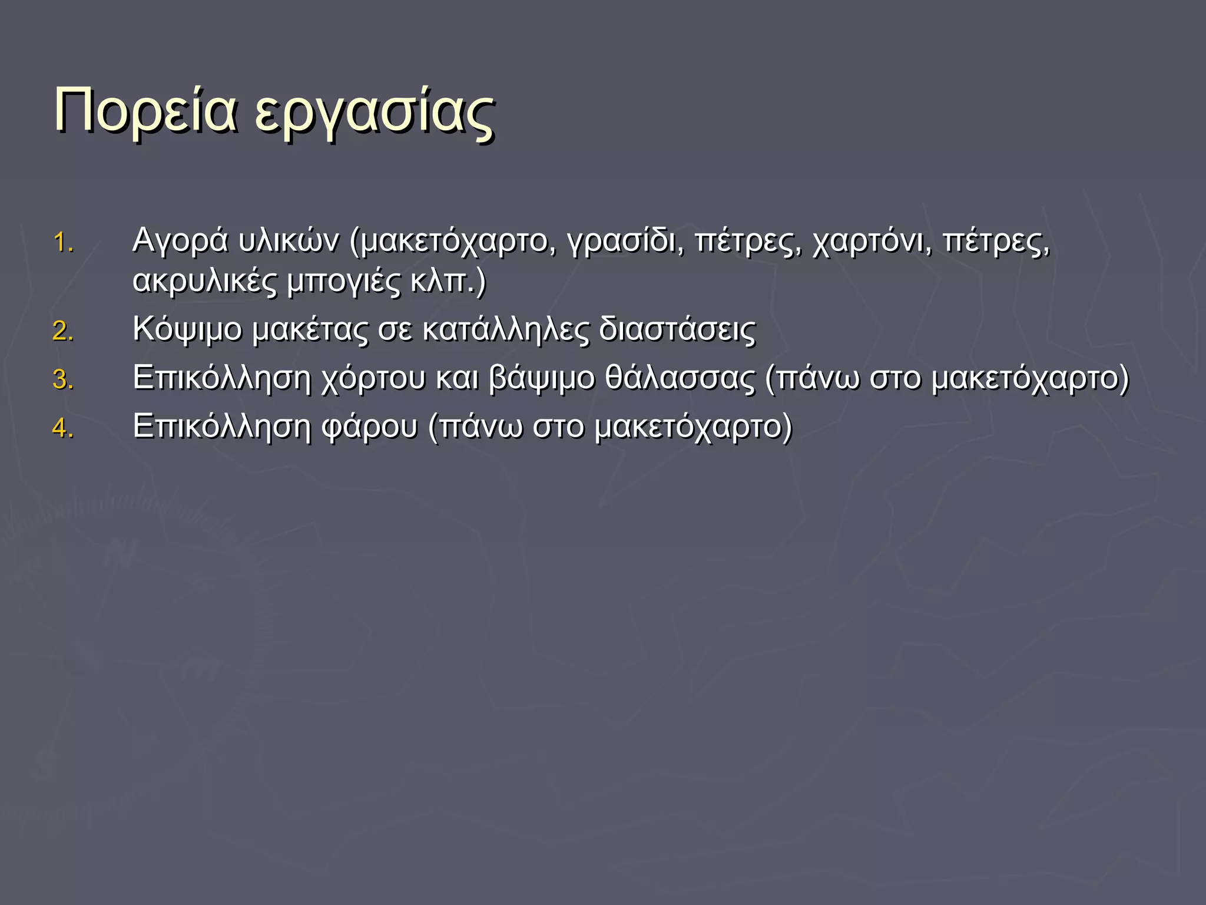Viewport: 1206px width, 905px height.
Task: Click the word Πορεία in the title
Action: (x=145, y=111)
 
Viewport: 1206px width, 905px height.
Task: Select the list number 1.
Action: (x=63, y=243)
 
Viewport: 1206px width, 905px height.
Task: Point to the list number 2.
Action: (x=63, y=331)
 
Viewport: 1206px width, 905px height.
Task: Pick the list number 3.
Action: (x=63, y=379)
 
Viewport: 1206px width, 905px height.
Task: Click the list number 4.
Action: (x=63, y=428)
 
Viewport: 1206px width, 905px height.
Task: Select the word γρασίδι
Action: (x=625, y=242)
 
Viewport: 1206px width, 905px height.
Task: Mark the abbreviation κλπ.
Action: (x=443, y=282)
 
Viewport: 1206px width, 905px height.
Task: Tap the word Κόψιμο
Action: (x=187, y=330)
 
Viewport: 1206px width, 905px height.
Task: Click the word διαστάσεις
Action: (x=677, y=330)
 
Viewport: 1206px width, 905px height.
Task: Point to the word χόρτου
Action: (x=373, y=378)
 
